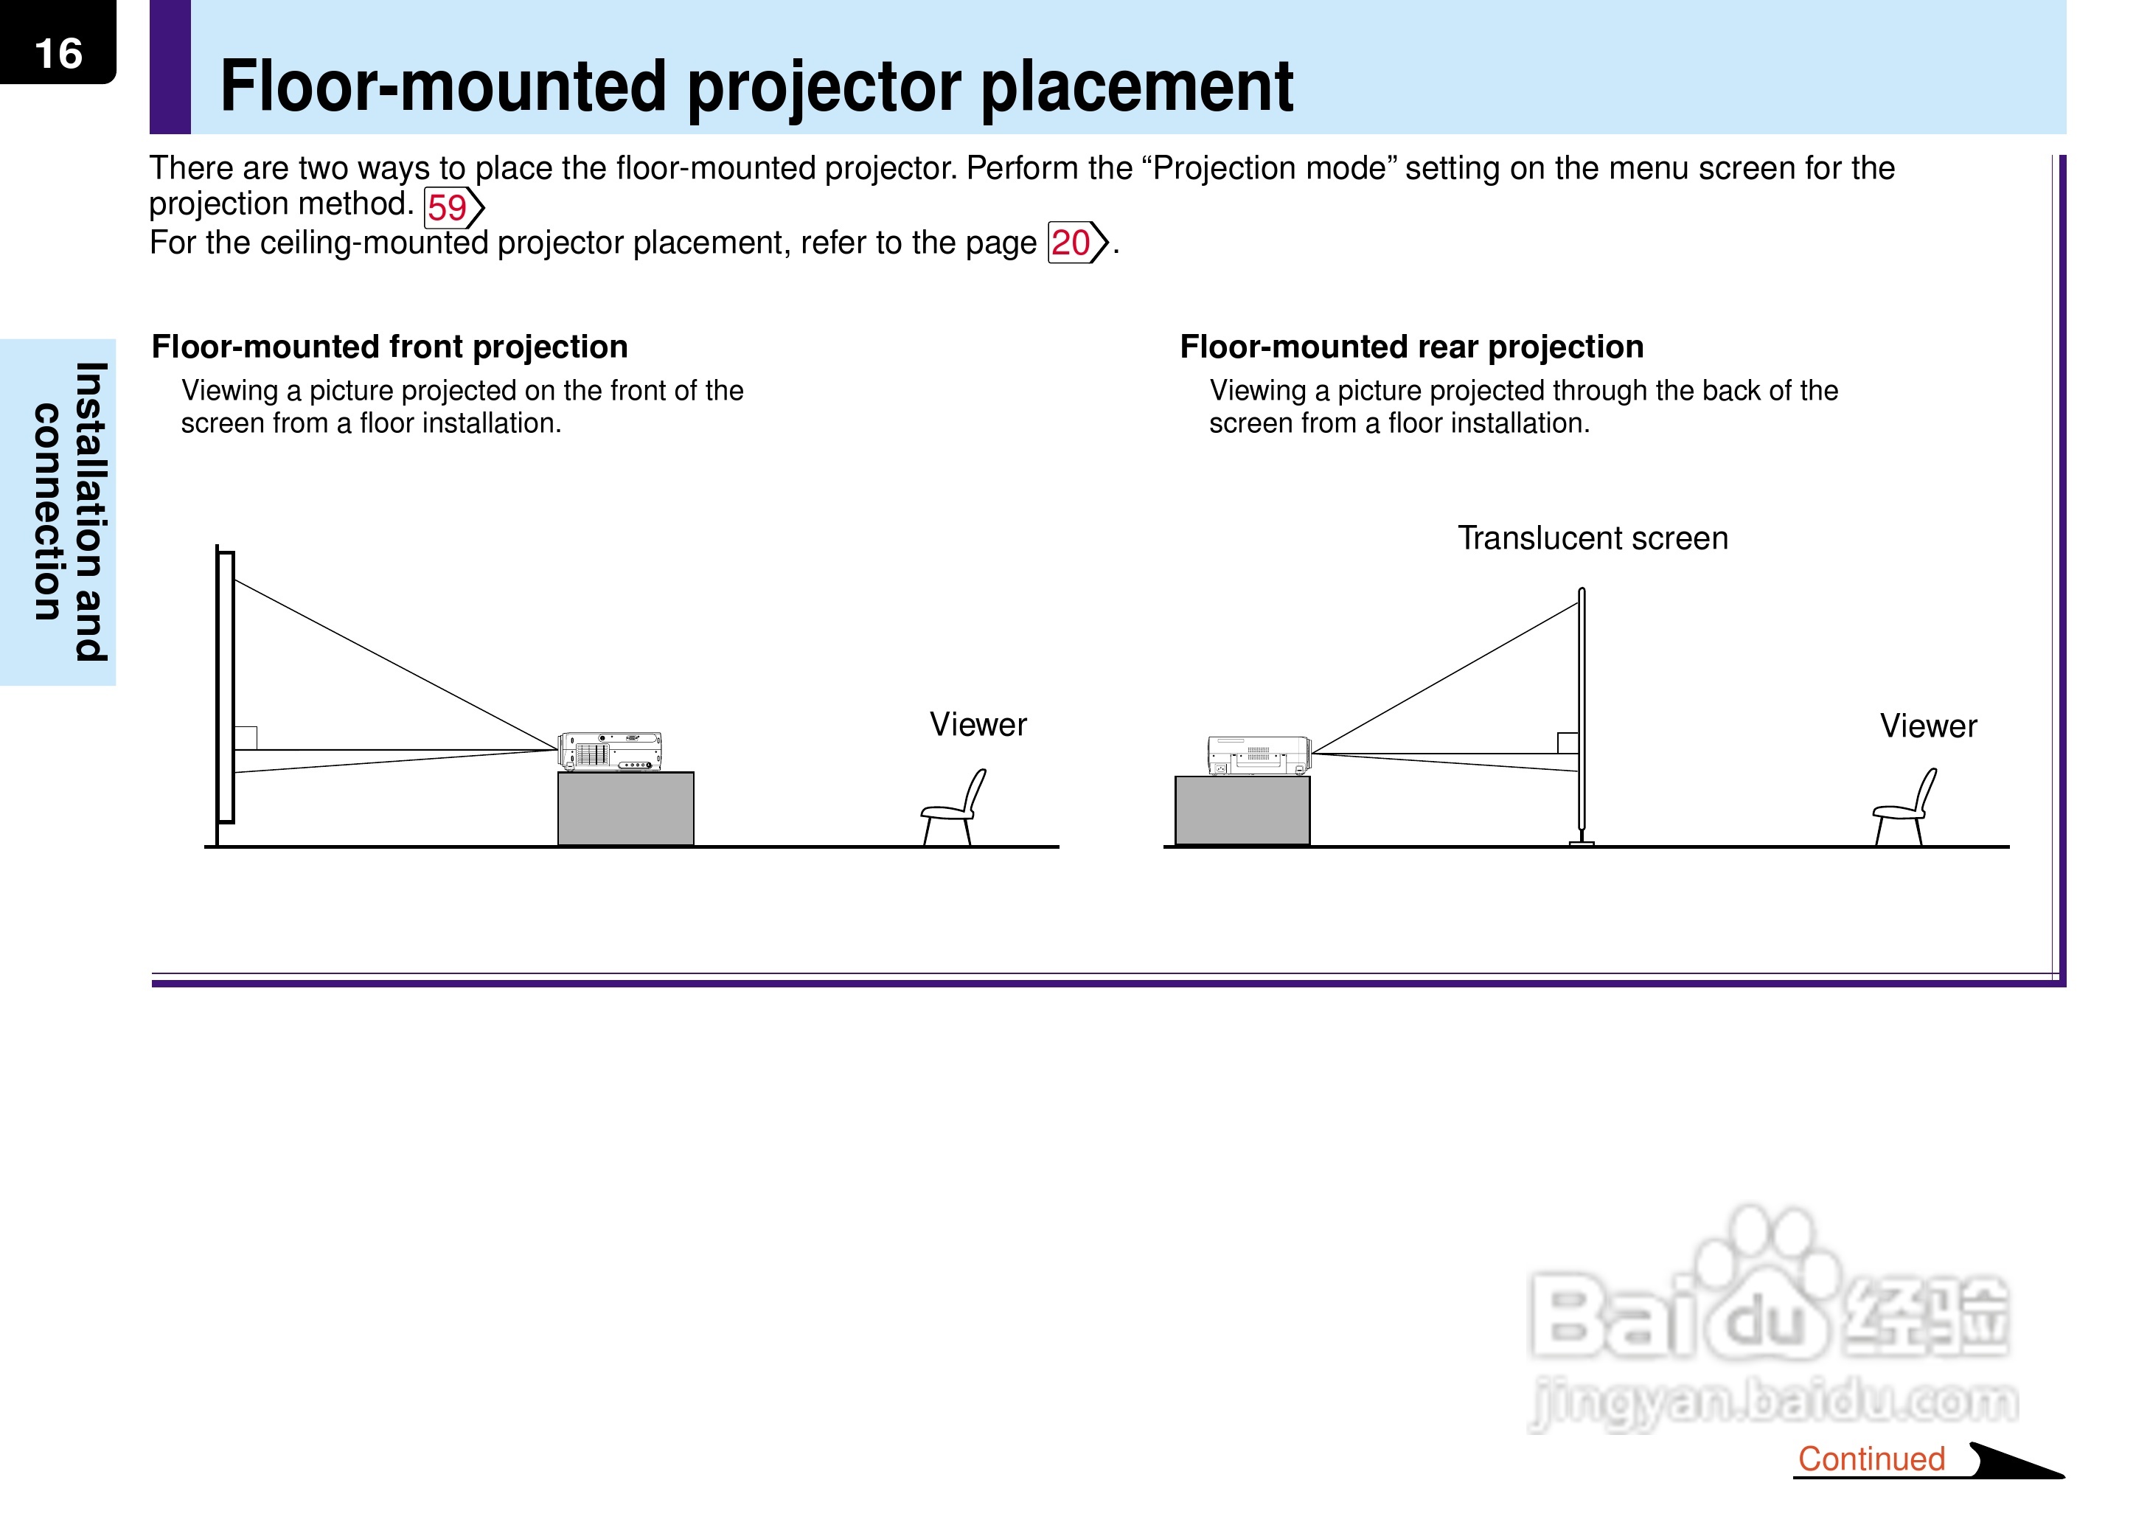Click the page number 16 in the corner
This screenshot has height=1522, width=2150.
click(x=58, y=53)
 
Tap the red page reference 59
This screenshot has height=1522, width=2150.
click(x=447, y=208)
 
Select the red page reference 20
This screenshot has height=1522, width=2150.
click(x=1070, y=243)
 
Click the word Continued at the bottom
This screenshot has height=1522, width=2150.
click(x=1871, y=1459)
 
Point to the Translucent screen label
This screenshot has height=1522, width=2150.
click(x=1593, y=538)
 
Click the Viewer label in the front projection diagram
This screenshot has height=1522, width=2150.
click(x=978, y=724)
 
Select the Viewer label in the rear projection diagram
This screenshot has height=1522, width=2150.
click(x=1928, y=726)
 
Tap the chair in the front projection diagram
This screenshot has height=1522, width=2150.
click(x=953, y=808)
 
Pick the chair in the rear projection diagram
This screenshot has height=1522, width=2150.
click(x=1904, y=808)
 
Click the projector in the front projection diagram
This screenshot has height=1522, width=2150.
click(x=610, y=751)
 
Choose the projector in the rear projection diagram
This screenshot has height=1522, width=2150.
click(x=1259, y=755)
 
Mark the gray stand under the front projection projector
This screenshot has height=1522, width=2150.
click(x=626, y=809)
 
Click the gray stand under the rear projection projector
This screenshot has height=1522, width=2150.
click(x=1242, y=810)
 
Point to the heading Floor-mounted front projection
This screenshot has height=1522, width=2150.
click(x=390, y=347)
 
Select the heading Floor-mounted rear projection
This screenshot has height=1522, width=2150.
click(x=1412, y=347)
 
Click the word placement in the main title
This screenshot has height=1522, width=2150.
click(x=1136, y=86)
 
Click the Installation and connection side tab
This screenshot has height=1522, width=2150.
click(x=70, y=512)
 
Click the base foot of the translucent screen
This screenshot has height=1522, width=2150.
click(x=1582, y=843)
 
